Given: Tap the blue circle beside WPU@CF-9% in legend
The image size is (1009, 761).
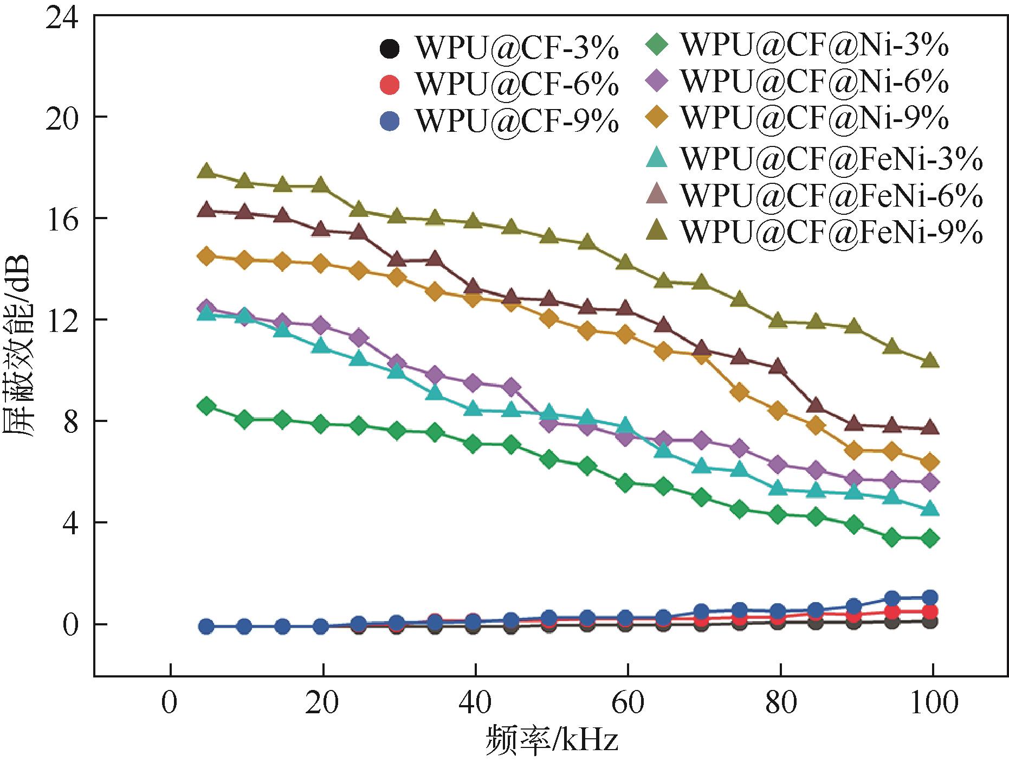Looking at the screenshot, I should coord(390,121).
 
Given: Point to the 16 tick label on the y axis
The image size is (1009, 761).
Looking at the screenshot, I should coord(62,218).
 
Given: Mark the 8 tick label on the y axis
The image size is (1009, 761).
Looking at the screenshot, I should coord(70,421).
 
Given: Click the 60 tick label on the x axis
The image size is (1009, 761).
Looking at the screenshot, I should coord(628,704).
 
